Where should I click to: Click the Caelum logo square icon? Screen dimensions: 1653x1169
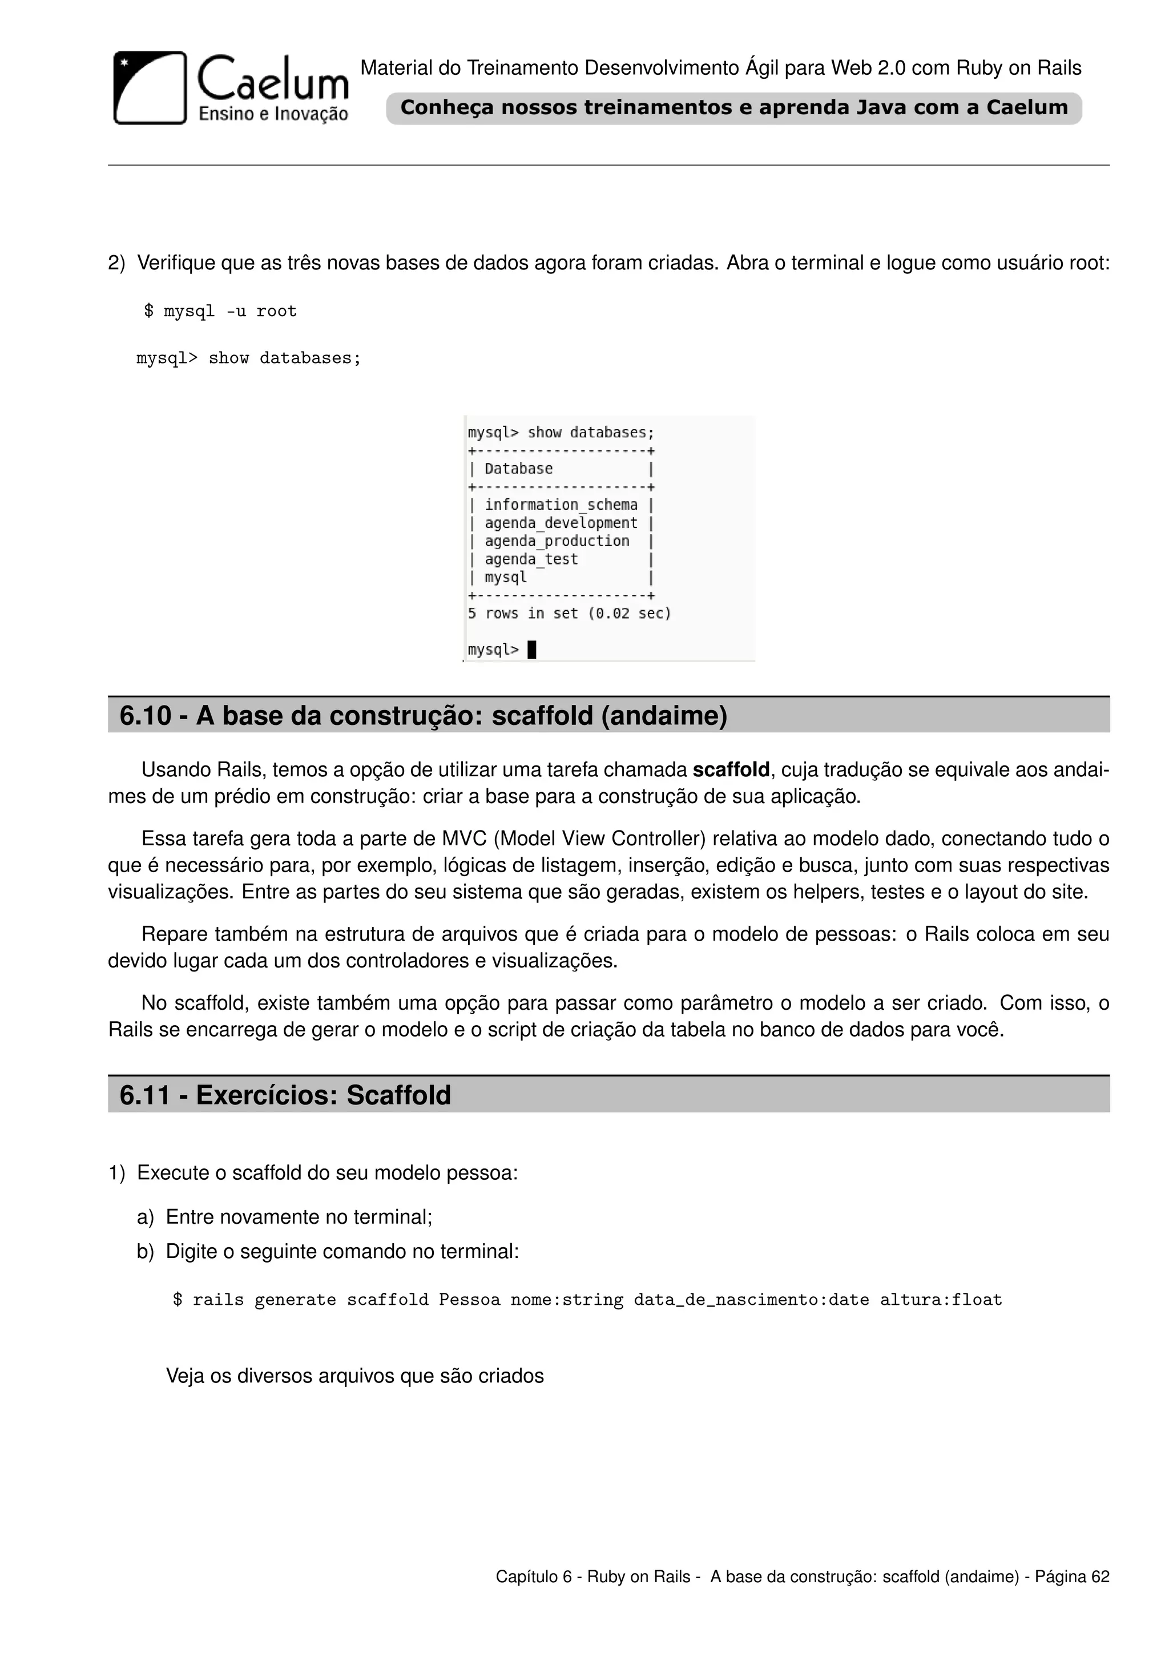[x=150, y=87]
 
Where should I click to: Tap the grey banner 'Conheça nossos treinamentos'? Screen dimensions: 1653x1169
[x=733, y=108]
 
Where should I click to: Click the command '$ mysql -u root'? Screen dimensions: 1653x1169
[x=220, y=311]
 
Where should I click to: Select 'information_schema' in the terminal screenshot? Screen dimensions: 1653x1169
[x=561, y=505]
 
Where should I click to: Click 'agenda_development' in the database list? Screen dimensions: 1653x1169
[x=561, y=523]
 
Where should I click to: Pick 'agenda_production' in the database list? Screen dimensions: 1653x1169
[x=557, y=541]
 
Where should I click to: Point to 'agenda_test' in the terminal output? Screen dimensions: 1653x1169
[x=530, y=559]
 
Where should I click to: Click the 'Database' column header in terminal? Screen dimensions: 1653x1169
[x=518, y=469]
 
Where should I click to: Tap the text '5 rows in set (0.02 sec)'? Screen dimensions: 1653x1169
[x=569, y=614]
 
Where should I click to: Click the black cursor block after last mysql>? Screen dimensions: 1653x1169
[x=532, y=650]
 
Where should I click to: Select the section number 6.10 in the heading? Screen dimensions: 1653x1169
[x=144, y=716]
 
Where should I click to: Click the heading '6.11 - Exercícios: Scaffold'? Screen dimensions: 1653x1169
[x=285, y=1095]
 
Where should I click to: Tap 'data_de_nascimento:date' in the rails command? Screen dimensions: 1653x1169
[x=751, y=1300]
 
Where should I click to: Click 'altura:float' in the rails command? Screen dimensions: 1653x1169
[x=941, y=1300]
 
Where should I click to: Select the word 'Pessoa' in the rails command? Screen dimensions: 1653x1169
[x=469, y=1300]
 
